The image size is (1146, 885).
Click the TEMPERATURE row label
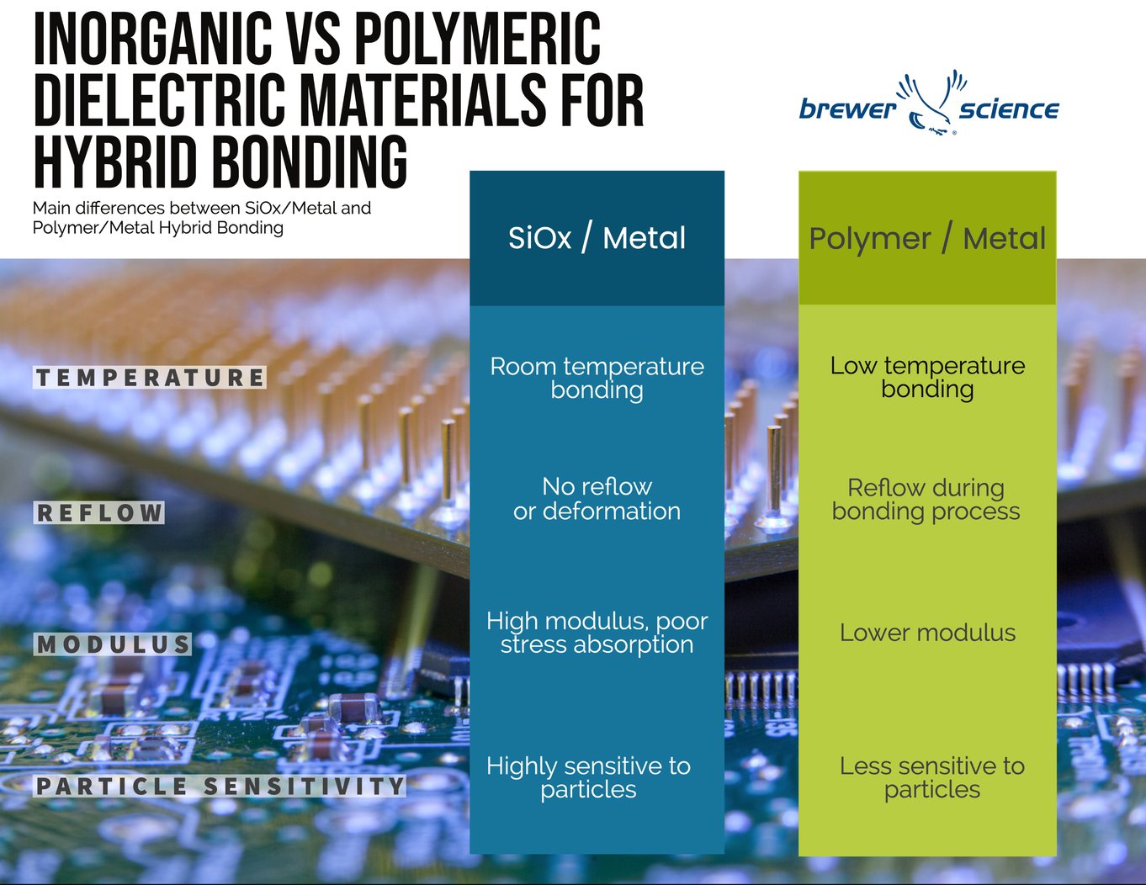coord(150,378)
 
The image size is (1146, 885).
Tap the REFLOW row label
coord(99,512)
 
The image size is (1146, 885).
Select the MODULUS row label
coord(113,644)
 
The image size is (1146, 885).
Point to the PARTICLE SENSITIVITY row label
coord(220,787)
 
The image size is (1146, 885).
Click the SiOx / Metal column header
coord(597,238)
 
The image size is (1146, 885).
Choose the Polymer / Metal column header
coord(926,239)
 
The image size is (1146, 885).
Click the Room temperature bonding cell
coord(597,378)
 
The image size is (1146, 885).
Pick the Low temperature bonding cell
coord(927,377)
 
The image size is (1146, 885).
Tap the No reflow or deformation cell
coord(597,498)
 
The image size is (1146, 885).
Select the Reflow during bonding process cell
coord(926,499)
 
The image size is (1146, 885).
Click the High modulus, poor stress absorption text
coord(597,633)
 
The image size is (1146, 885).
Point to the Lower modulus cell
coord(927,633)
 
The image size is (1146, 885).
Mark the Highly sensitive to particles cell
coord(588,777)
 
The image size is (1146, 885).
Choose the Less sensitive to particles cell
coord(931,777)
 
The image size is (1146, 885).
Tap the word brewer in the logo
coord(847,109)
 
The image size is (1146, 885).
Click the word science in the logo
coord(1008,109)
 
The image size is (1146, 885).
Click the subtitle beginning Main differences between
coord(201,217)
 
